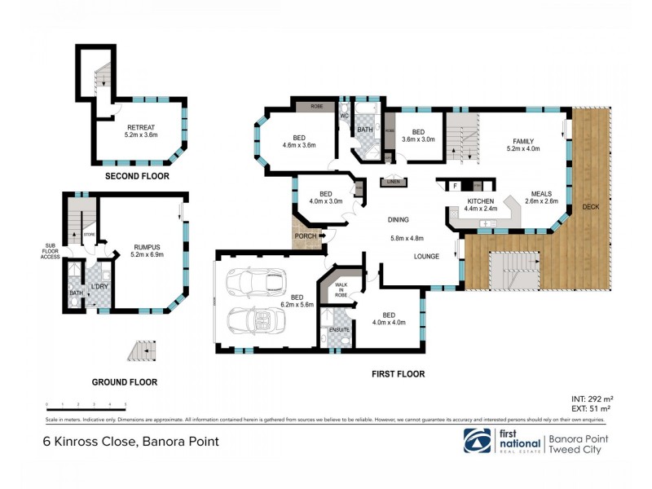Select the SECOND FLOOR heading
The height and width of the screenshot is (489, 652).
(x=137, y=176)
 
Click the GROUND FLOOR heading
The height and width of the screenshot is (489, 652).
(x=125, y=381)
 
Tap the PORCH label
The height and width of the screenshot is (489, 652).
(x=306, y=237)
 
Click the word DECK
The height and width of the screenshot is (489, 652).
(x=591, y=207)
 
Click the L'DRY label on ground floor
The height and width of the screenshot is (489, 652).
(x=99, y=286)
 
